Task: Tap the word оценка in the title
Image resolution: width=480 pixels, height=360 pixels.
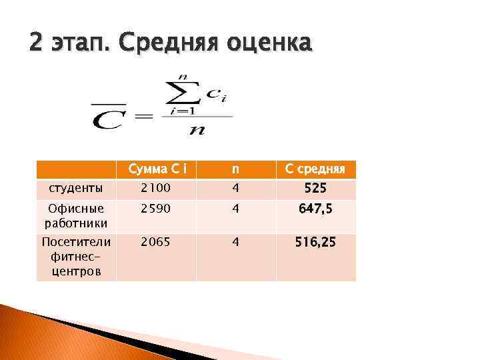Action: point(269,43)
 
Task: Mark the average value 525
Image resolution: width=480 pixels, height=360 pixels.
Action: point(316,189)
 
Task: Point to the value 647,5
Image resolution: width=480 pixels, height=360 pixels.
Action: point(316,210)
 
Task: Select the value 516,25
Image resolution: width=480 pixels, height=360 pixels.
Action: point(316,243)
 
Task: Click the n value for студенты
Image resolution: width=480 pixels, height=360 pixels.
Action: point(235,189)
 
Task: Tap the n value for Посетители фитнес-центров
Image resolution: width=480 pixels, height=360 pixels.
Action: point(235,243)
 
